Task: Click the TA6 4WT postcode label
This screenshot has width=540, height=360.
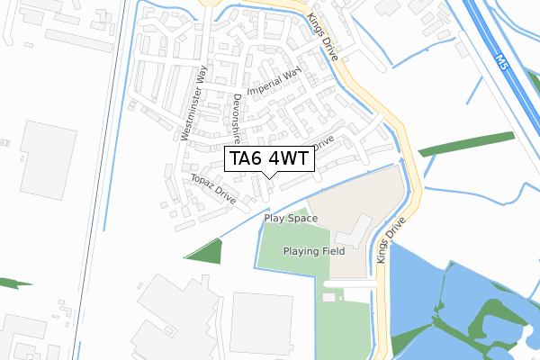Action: [x=268, y=159]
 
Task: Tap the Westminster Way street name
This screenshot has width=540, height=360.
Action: [x=194, y=103]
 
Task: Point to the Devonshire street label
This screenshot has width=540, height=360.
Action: [x=237, y=119]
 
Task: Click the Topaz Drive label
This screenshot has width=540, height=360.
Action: [x=212, y=189]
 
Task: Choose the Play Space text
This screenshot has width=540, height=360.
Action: [x=291, y=219]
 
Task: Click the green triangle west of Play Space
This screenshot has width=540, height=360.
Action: [x=206, y=250]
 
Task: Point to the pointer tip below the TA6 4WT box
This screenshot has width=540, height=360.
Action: [x=268, y=177]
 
